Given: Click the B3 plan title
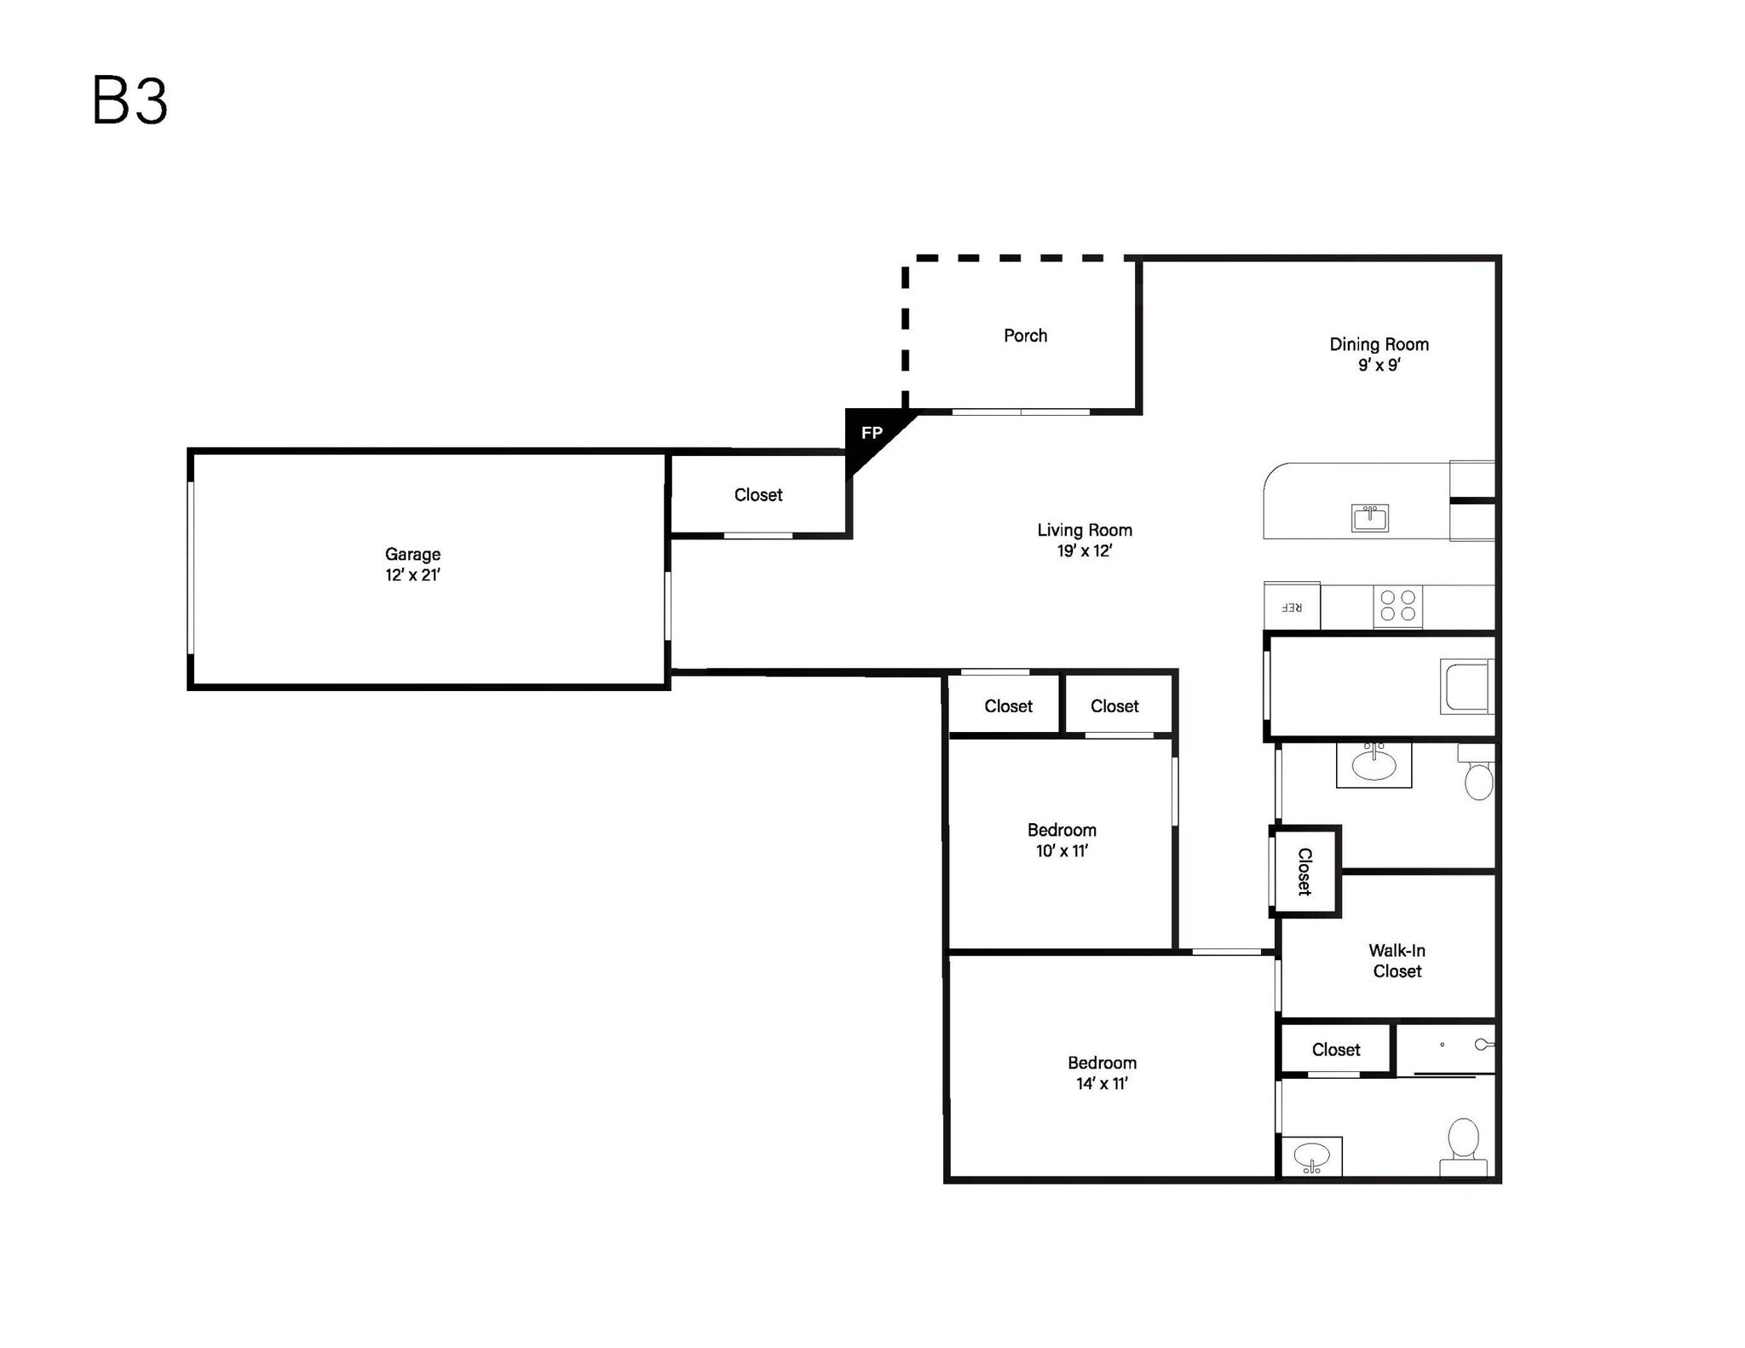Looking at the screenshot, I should pos(130,101).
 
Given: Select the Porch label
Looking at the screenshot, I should pos(1025,336).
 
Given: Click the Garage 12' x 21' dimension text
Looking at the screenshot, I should pos(412,575).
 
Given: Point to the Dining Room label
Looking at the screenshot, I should pos(1379,344).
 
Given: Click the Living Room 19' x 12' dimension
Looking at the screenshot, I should pos(1085,551).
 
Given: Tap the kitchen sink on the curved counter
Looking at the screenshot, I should pos(1369,517).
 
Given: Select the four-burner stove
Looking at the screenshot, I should pos(1397,606).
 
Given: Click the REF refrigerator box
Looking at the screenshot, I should pos(1292,607).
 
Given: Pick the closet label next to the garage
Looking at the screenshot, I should pos(757,495).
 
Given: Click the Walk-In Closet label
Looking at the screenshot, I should pos(1397,961).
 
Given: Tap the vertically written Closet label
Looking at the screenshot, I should pos(1304,871).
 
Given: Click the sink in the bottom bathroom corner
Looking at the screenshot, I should pos(1311,1157).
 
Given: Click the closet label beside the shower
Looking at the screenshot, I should pos(1335,1050).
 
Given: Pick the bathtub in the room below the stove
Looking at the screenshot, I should pos(1466,687).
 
